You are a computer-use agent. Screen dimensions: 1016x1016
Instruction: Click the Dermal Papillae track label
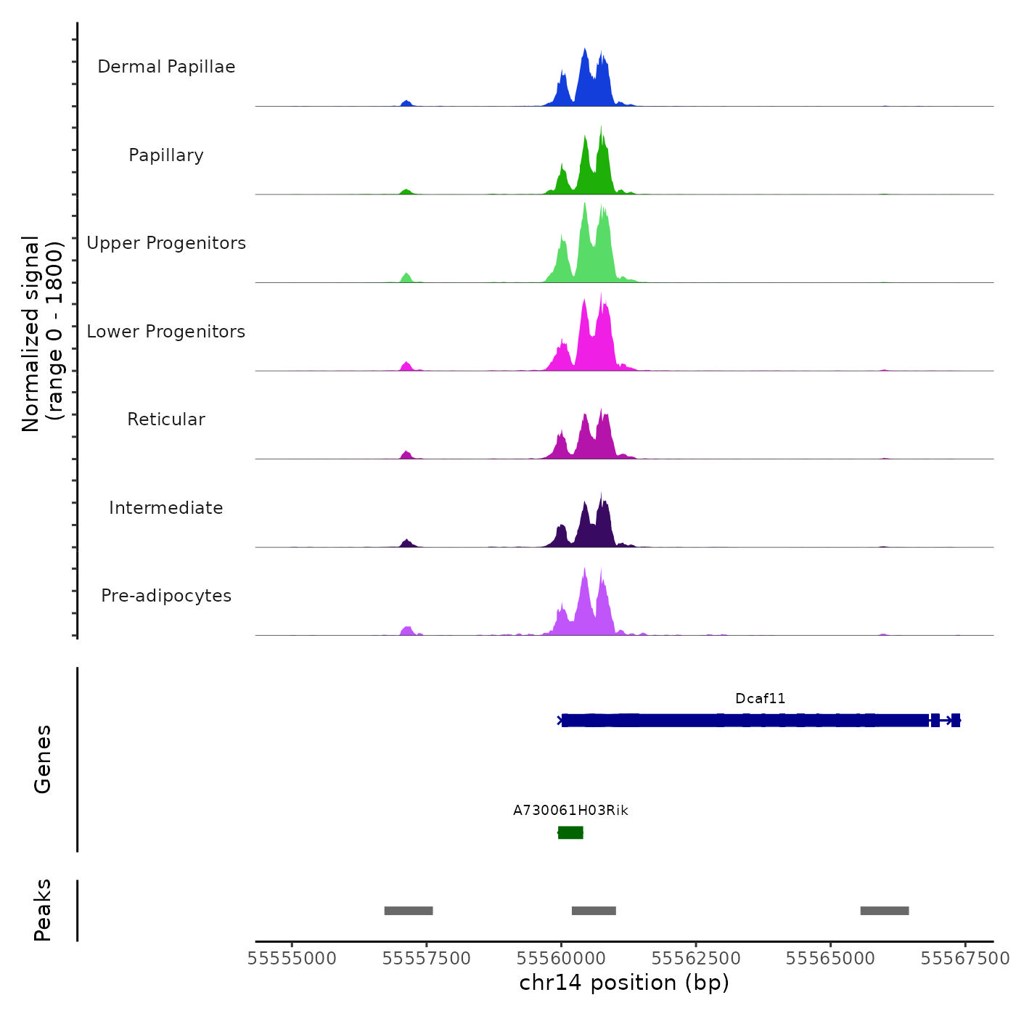tap(166, 67)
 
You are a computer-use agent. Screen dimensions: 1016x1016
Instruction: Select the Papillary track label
tap(166, 155)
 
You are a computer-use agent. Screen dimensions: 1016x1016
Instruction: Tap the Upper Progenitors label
tap(166, 243)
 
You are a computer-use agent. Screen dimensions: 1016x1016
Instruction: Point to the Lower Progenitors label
tap(166, 332)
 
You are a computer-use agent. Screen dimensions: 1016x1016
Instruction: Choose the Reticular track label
tap(166, 419)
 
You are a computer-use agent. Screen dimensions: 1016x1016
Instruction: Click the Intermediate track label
tap(166, 508)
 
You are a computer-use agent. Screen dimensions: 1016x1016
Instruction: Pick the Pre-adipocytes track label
tap(166, 596)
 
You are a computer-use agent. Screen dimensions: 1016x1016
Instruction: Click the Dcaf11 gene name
tap(760, 698)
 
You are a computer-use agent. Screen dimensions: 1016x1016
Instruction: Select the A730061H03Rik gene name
tap(570, 810)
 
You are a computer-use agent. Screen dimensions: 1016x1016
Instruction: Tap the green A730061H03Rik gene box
tap(570, 832)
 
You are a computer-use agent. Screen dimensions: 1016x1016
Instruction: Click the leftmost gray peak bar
tap(409, 911)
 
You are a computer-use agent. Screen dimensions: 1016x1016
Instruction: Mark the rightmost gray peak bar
tap(885, 911)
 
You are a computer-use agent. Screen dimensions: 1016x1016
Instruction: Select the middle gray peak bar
tap(594, 911)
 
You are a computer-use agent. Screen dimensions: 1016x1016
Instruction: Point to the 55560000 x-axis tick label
tap(561, 959)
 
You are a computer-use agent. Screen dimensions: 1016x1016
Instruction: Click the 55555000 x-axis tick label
tap(292, 959)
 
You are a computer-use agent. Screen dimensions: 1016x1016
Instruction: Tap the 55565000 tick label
tap(830, 959)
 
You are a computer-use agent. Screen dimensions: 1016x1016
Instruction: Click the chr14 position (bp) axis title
tap(624, 983)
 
